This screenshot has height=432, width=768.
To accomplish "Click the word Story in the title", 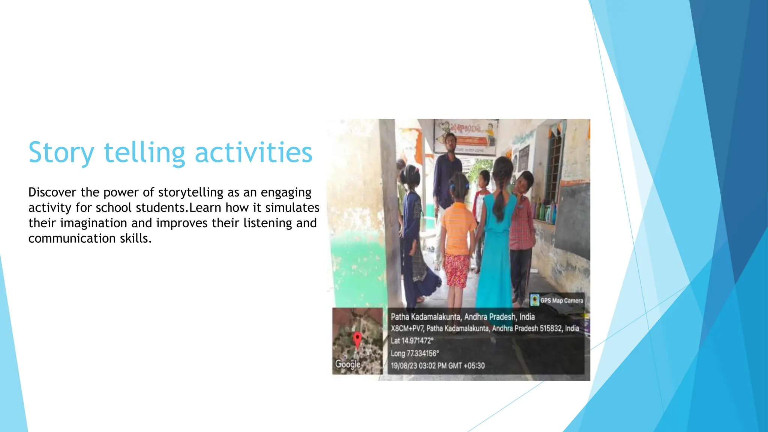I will pyautogui.click(x=61, y=153).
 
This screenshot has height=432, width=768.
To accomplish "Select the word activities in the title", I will pyautogui.click(x=253, y=153).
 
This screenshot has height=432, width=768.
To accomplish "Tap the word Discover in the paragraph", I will pyautogui.click(x=52, y=192).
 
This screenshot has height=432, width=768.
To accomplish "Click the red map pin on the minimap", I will pyautogui.click(x=357, y=339).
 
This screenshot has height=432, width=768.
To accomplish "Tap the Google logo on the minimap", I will pyautogui.click(x=348, y=364).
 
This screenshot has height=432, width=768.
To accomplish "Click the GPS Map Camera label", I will pyautogui.click(x=561, y=300).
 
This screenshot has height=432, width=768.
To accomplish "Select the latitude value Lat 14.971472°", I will pyautogui.click(x=412, y=341).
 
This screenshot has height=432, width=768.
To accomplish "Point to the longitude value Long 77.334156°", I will pyautogui.click(x=414, y=353).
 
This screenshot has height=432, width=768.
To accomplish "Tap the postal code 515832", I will pyautogui.click(x=551, y=328).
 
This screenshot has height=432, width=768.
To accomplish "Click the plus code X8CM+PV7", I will pyautogui.click(x=407, y=328).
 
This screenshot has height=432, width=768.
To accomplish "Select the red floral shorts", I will pyautogui.click(x=456, y=270).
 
